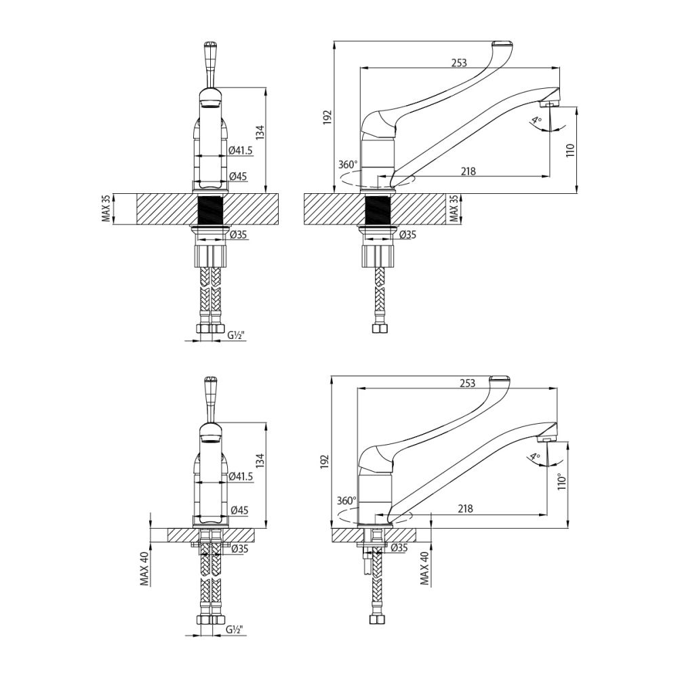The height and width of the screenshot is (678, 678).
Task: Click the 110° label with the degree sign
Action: point(561,481)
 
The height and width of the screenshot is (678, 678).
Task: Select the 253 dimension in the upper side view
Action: point(459,62)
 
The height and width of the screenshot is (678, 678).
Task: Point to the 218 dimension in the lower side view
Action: point(465,509)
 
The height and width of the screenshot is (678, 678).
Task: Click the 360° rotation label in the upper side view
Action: point(347,165)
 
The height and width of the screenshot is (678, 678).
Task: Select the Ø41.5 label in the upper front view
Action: point(241,151)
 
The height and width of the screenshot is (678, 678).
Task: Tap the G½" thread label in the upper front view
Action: point(235,335)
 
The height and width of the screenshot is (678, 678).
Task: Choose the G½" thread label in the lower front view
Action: point(235,630)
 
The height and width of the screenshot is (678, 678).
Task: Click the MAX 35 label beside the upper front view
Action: point(106,209)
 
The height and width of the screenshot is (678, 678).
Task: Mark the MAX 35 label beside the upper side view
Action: point(454,209)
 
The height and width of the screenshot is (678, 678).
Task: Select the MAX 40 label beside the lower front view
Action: point(144,567)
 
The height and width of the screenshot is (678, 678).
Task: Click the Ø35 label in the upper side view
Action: point(407,235)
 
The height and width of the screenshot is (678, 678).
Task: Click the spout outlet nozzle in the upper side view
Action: point(549,104)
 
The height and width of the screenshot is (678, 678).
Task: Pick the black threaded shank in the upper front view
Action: point(210,210)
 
